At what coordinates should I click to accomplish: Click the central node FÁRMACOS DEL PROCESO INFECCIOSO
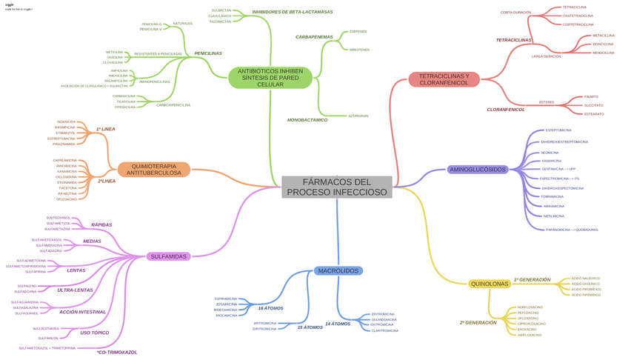coord(337,187)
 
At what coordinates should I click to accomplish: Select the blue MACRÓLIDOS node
coord(338,271)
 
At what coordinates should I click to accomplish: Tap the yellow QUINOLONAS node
coord(490,284)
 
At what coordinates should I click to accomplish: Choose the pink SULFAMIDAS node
coord(168,256)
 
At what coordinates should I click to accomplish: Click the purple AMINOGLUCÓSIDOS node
coord(478,170)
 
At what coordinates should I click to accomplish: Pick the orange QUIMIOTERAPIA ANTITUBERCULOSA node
coord(153,170)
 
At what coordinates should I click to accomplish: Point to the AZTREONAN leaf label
coord(358,116)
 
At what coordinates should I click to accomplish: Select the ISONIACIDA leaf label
coord(66,121)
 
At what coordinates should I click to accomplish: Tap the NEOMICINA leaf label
coord(550,153)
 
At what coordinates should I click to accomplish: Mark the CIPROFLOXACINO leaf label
coord(532,324)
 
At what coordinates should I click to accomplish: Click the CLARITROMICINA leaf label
coord(385,330)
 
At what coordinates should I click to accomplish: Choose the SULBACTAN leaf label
coord(220,10)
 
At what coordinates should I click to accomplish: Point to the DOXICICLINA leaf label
coord(603,44)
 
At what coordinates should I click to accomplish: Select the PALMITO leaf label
coord(591,97)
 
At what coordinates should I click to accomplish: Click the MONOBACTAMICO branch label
coord(307,120)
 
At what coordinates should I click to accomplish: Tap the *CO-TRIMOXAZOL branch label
coord(117,353)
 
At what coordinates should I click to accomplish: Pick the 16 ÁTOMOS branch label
coord(271,308)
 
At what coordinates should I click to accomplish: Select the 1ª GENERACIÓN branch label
coord(532,280)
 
